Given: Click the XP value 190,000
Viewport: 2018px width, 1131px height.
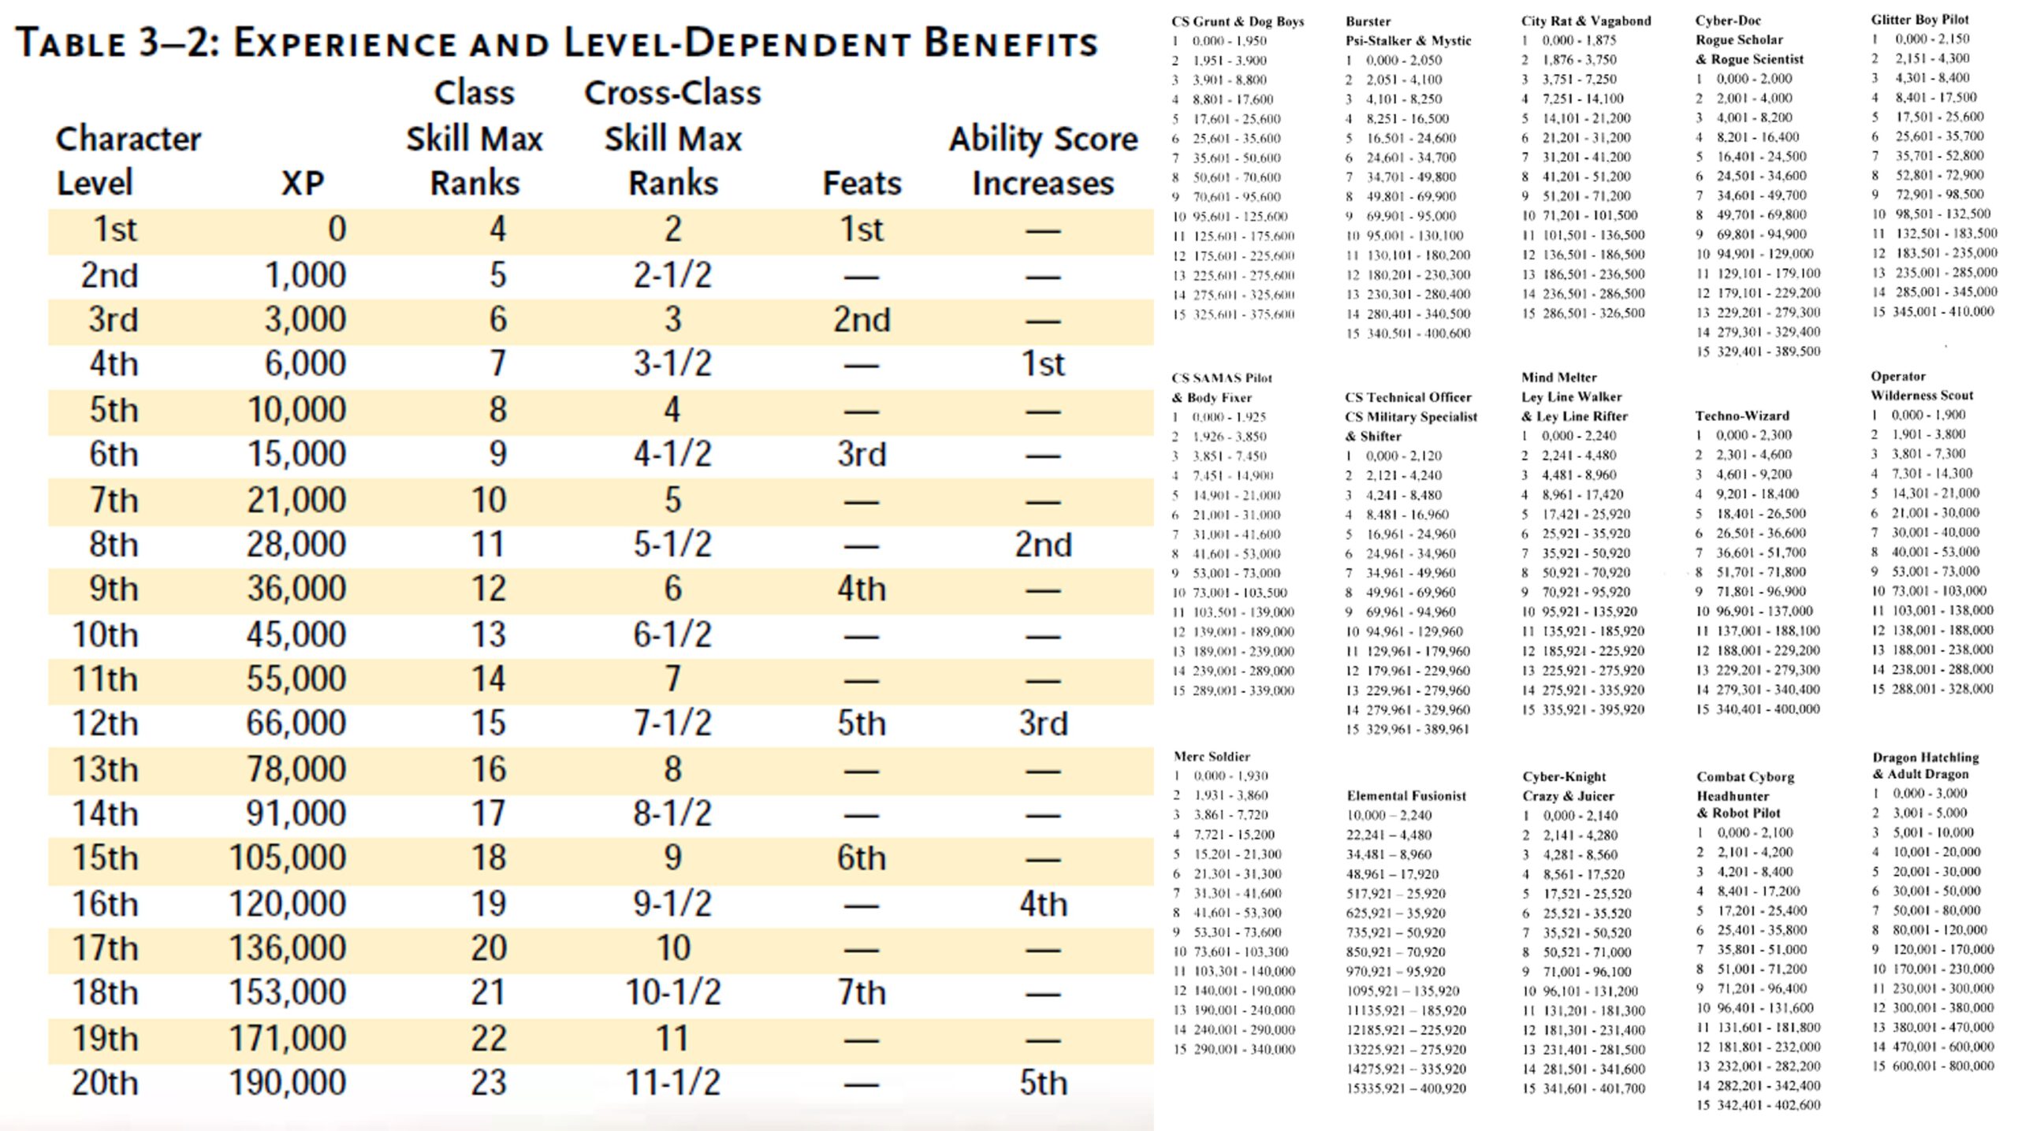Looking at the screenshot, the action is pos(288,1083).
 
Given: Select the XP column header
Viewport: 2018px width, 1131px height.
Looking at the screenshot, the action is pos(303,184).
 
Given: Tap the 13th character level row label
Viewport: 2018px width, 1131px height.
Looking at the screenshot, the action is pos(105,769).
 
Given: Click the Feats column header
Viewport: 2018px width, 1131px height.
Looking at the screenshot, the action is pos(862,184).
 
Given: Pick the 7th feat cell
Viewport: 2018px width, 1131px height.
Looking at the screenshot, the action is pos(862,993).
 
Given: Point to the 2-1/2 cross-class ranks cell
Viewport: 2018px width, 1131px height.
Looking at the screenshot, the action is pos(672,275).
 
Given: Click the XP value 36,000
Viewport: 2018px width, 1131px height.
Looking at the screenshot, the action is pos(296,589).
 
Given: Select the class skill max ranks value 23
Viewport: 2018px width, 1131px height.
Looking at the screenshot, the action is pos(488,1083).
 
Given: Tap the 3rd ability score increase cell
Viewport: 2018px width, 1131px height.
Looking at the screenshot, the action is pos(1043,724).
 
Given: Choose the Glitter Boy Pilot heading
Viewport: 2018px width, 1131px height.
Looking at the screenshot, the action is pos(1920,19).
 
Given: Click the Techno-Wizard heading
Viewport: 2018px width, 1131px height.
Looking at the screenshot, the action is pos(1742,415).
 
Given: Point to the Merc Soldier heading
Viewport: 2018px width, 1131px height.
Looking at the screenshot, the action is pos(1212,757).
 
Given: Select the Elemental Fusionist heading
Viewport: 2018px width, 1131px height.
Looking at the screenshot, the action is pos(1406,796).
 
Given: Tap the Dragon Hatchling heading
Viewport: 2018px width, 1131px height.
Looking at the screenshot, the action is pos(1926,757).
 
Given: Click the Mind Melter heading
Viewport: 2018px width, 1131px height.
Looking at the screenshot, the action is pos(1558,377).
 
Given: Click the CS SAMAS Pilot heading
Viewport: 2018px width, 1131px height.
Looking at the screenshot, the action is pos(1222,378).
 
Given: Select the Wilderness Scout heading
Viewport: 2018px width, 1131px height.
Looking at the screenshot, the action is pos(1922,396).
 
